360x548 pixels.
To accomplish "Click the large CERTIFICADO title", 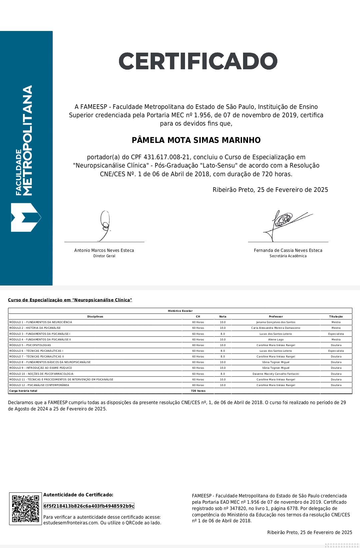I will click(x=198, y=61).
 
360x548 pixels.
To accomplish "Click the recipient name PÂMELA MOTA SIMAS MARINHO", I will click(x=196, y=140).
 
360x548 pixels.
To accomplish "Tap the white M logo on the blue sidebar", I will click(x=26, y=218).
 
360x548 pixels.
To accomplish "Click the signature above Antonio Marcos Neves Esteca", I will click(x=105, y=225).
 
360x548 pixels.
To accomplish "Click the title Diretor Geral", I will click(x=104, y=256).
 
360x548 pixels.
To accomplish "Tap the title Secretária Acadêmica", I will click(x=288, y=256).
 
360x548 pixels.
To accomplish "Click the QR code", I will click(x=26, y=508).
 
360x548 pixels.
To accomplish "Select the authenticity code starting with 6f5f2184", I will click(x=89, y=506).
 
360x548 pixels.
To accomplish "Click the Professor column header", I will click(x=276, y=316).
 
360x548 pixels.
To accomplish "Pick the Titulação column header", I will click(x=336, y=316).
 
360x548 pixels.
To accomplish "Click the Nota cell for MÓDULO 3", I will click(x=223, y=334).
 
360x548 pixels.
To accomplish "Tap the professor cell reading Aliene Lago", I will click(x=276, y=339).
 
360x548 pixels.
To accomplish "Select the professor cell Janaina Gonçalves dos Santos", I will click(x=276, y=322).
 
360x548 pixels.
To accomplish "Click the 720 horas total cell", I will click(x=198, y=391).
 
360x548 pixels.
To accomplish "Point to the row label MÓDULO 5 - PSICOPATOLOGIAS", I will click(x=30, y=345).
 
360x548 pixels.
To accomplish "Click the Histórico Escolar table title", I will click(x=180, y=311).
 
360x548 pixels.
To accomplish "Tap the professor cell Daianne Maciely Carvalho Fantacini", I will click(x=276, y=374).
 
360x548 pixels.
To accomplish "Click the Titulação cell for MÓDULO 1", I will click(x=336, y=322).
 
